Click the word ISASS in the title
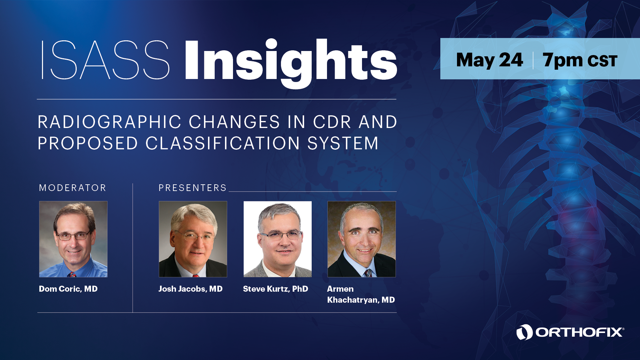(x=106, y=60)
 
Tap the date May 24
(x=489, y=60)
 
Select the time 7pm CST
(x=580, y=60)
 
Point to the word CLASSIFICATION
(x=223, y=144)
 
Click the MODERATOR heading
(x=72, y=188)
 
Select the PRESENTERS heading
(x=192, y=188)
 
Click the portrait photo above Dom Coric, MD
(x=73, y=239)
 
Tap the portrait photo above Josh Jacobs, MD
(x=193, y=239)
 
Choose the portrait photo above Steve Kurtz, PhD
(x=278, y=239)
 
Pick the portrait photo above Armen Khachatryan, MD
(x=362, y=239)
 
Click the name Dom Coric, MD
(x=68, y=289)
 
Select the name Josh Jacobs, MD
(x=190, y=289)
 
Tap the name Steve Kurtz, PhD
(x=276, y=289)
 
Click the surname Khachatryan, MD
(x=361, y=300)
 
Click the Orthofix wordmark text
(x=579, y=332)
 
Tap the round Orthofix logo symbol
(x=525, y=332)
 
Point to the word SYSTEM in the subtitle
(x=343, y=144)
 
